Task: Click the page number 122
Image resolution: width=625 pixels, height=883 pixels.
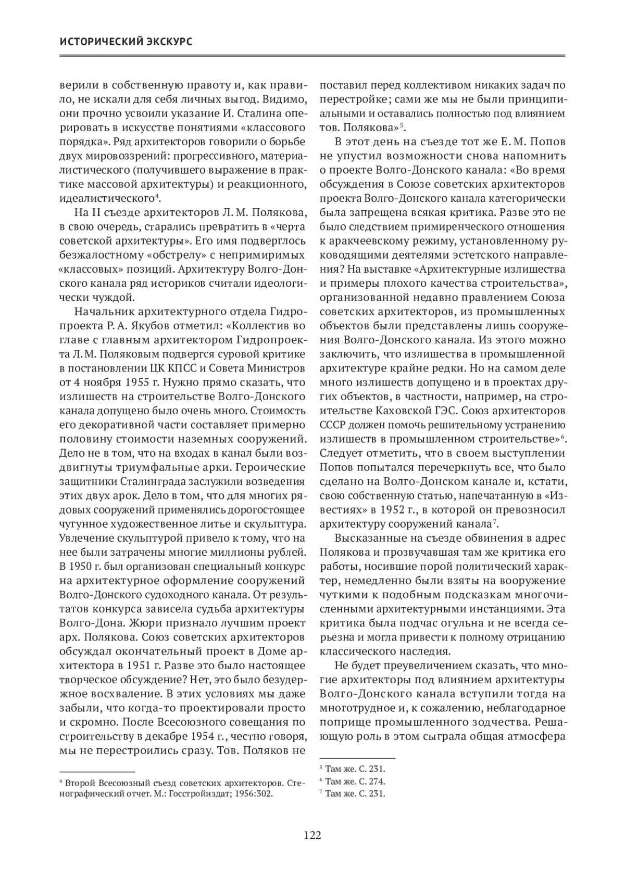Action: point(312,835)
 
